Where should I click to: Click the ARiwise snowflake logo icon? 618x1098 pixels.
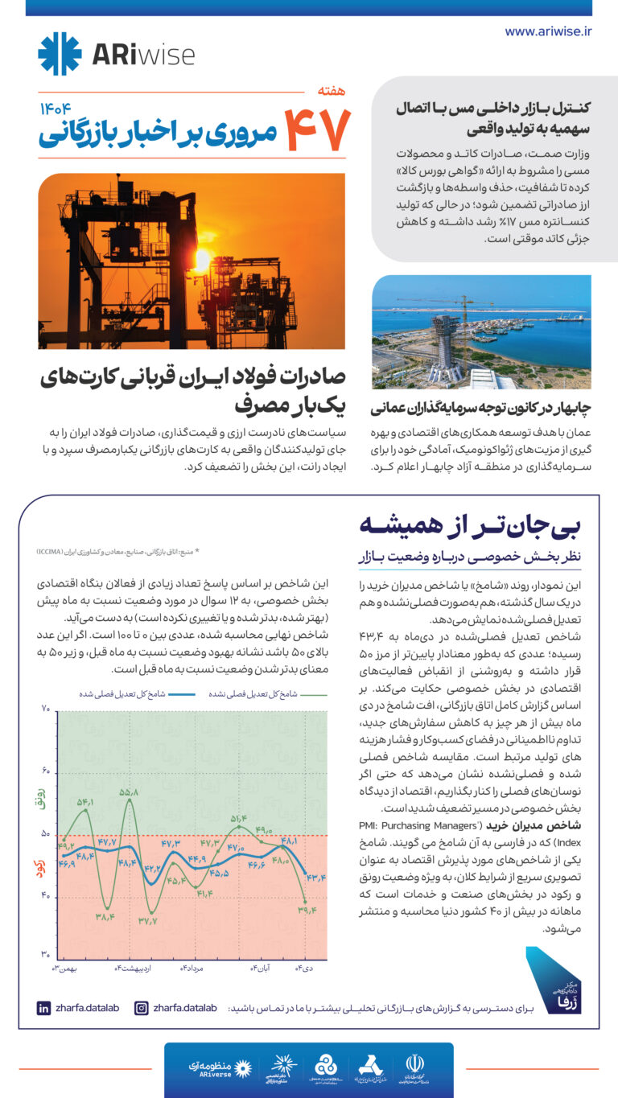pos(60,54)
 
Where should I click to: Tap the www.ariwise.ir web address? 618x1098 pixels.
pos(548,31)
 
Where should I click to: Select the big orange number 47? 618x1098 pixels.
pos(318,130)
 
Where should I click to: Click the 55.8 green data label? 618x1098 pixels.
pos(129,792)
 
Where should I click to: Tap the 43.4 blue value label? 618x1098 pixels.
pos(316,878)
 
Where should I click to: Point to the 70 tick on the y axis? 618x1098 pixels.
pos(45,709)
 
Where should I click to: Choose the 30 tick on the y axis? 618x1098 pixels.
pos(45,954)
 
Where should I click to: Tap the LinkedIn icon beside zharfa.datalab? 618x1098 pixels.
pos(43,1008)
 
